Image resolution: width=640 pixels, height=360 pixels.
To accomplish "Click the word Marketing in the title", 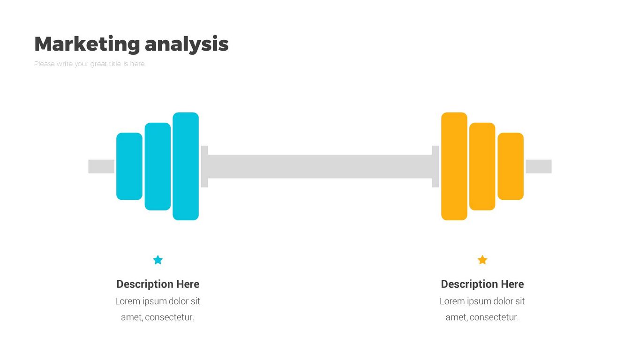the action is (87, 44).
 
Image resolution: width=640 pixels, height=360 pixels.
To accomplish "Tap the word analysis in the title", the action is (187, 45).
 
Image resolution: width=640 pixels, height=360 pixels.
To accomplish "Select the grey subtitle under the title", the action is (89, 64).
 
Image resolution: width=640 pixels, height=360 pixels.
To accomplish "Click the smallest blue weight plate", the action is (129, 166).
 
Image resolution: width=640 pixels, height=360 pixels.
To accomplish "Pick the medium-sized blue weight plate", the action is (158, 166).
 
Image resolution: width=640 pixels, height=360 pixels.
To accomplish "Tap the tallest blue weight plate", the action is (186, 166).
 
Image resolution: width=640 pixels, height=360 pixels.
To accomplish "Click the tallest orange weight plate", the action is (454, 166).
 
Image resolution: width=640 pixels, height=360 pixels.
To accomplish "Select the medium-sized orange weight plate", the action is (482, 166).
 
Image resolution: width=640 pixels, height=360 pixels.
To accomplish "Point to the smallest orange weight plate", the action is (511, 166).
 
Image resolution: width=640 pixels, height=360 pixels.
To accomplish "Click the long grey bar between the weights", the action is (320, 166).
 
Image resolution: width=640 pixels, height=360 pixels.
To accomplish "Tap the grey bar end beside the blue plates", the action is (101, 166).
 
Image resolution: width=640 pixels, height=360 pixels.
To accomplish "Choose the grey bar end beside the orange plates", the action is (539, 166).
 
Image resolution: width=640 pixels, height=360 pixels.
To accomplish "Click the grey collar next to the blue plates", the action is (204, 166).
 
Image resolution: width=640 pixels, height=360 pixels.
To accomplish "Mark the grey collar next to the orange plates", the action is (436, 166).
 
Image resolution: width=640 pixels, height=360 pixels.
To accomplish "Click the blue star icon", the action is (158, 260).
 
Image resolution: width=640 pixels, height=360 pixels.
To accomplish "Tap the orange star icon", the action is (482, 260).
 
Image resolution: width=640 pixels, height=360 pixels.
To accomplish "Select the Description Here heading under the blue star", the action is (158, 284).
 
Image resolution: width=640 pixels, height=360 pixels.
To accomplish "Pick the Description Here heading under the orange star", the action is (482, 284).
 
